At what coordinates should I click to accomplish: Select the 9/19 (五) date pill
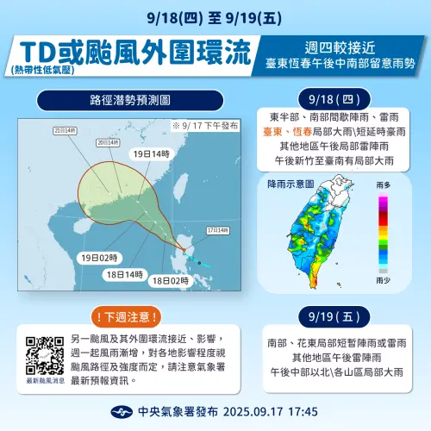tap(340, 315)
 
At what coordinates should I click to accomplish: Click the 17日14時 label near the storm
tap(215, 231)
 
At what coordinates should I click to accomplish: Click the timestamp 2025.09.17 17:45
tap(270, 411)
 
